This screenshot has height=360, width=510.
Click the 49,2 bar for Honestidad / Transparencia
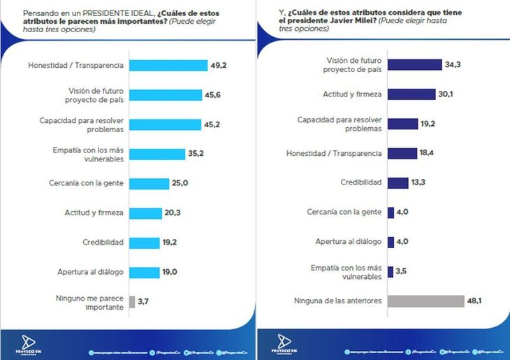[x=168, y=66]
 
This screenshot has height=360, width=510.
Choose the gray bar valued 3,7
[x=133, y=302]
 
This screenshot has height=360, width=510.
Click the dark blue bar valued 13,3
[x=398, y=182]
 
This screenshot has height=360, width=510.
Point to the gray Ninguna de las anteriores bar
[x=425, y=301]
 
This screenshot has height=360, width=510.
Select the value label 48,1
[x=476, y=301]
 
